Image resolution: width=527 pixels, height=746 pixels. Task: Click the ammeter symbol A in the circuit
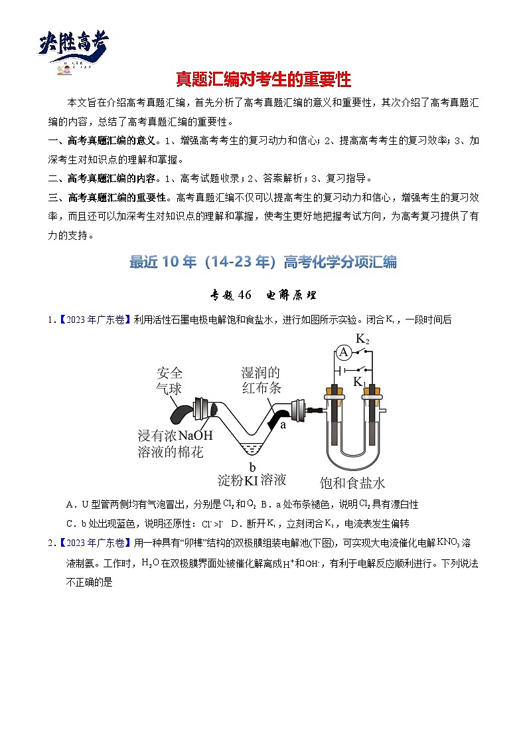click(343, 353)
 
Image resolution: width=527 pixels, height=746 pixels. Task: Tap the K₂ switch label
click(362, 339)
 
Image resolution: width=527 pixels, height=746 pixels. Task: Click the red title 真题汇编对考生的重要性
click(263, 80)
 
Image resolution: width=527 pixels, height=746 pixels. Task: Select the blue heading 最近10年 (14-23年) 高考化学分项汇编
click(263, 262)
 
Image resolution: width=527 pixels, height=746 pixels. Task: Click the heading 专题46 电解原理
click(263, 295)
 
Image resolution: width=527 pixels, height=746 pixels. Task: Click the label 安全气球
click(169, 380)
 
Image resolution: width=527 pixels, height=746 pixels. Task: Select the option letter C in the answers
click(70, 523)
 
